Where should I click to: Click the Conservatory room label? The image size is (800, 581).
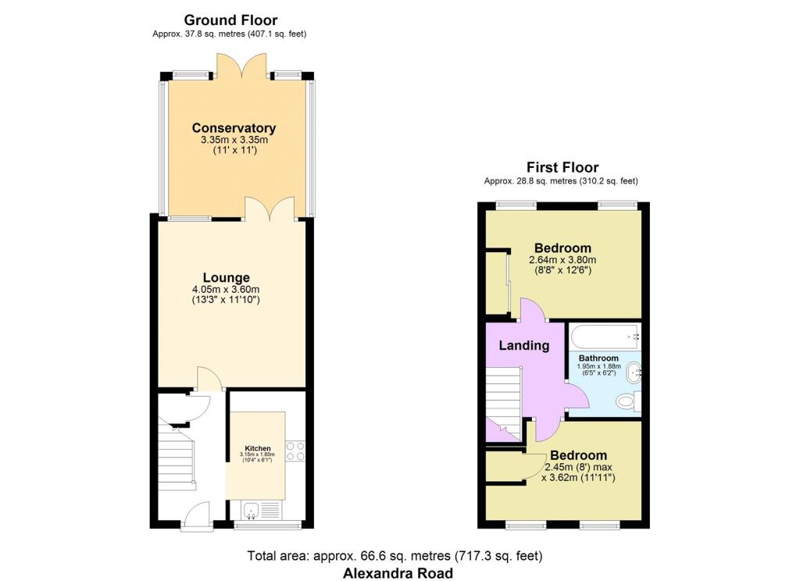pos(234,128)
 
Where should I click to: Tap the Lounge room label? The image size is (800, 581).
pos(226,277)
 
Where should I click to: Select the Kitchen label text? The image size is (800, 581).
pos(257,448)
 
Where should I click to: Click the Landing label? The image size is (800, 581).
pos(524,345)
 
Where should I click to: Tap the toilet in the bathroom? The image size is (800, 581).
pos(627,401)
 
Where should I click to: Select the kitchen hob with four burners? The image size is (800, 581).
pos(295,451)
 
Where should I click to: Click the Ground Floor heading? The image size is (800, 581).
pos(230,20)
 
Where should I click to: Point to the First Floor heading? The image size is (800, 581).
pos(562,167)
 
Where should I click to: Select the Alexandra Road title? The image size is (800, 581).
pos(398,573)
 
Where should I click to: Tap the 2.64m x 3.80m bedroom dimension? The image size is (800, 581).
pos(562,260)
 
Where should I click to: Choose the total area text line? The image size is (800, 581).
pos(395,556)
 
